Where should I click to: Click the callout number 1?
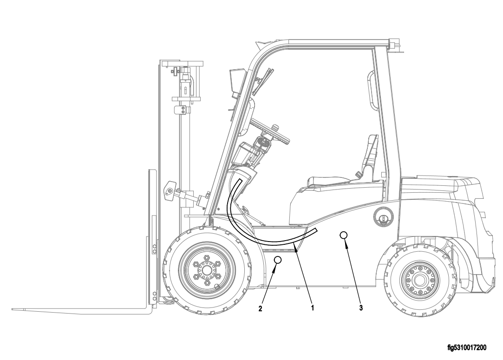coord(312,308)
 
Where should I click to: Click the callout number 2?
coord(261,308)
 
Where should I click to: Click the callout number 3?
coord(361,308)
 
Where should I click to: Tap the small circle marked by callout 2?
coord(278,260)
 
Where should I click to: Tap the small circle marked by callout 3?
coord(343,235)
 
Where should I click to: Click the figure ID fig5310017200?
coord(467,348)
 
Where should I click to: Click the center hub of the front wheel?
coord(206,269)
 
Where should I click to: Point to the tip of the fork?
coord(13,309)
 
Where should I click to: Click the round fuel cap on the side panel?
coord(383,217)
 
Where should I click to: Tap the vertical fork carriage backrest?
coord(152,237)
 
